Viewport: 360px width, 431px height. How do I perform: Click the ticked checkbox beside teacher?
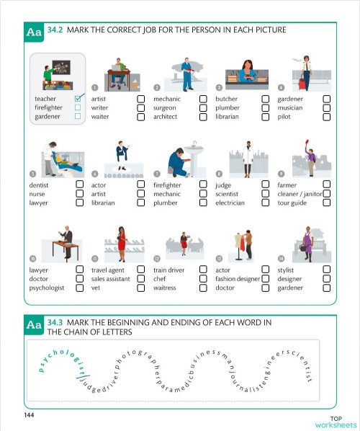(x=78, y=98)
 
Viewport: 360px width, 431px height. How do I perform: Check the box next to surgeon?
(x=203, y=107)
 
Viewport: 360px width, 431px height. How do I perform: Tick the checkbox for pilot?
(x=327, y=116)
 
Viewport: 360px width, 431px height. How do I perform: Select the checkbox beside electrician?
(x=265, y=203)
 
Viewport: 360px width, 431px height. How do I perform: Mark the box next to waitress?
(x=203, y=288)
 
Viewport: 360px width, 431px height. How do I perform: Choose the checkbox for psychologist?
(x=78, y=288)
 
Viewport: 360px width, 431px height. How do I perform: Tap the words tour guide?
(x=292, y=203)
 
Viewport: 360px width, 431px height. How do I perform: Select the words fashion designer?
(x=238, y=279)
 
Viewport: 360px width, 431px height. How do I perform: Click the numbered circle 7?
(x=157, y=174)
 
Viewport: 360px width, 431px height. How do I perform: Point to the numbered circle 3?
(x=219, y=87)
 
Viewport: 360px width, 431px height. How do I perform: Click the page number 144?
(x=19, y=416)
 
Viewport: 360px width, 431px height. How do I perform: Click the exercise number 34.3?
(x=57, y=322)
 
